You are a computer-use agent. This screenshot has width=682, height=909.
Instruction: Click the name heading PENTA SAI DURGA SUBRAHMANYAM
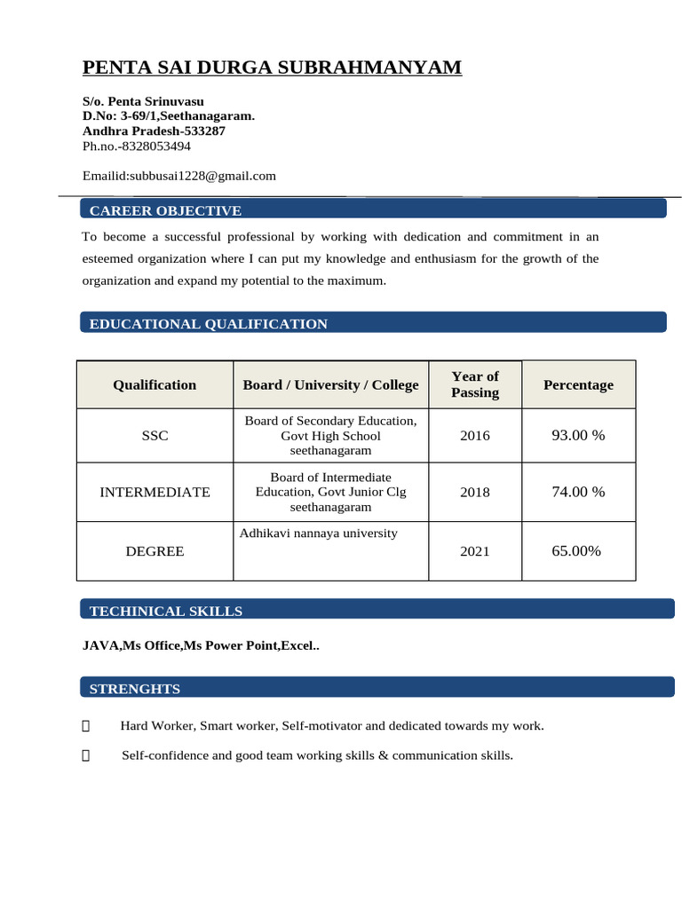(272, 67)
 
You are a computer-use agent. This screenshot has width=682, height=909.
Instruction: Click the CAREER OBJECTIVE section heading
(165, 210)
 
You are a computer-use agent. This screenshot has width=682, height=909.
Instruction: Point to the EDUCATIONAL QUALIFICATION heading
(208, 324)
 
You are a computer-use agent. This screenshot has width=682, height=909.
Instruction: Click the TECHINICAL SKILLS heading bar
(165, 611)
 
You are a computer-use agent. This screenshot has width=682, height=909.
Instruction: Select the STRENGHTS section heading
(134, 689)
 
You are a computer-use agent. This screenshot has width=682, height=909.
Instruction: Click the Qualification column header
(155, 384)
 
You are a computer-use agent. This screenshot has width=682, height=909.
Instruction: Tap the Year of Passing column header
(475, 384)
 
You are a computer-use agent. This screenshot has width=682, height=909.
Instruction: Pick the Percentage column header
(578, 384)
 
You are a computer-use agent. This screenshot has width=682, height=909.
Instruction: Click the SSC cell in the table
(155, 436)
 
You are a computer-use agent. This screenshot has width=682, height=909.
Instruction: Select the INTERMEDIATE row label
(155, 492)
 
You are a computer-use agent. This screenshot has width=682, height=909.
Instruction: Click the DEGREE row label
(155, 551)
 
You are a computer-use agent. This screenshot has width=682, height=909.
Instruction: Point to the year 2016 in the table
(475, 436)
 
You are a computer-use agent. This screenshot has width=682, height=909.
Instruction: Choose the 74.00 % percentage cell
(578, 492)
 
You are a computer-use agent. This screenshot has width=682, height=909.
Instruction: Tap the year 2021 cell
(475, 551)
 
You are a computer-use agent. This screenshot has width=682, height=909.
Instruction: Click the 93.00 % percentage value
(578, 436)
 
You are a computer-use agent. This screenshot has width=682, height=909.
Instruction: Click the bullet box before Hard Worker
(85, 726)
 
